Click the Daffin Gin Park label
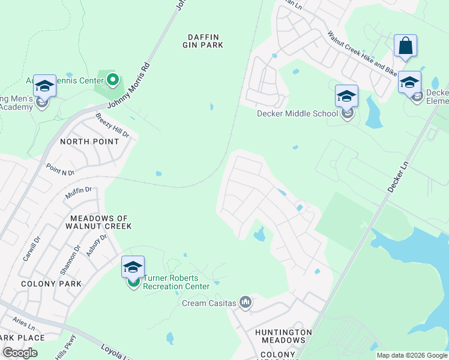(x=203, y=41)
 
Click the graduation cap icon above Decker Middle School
(x=346, y=96)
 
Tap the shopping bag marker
(x=405, y=46)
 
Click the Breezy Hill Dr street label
(x=112, y=125)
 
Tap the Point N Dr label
(x=60, y=169)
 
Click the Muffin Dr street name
(x=79, y=193)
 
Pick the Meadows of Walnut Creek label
(x=100, y=222)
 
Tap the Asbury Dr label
(x=96, y=245)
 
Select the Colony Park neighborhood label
(x=43, y=283)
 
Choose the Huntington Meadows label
(x=283, y=337)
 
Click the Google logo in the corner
(x=20, y=353)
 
